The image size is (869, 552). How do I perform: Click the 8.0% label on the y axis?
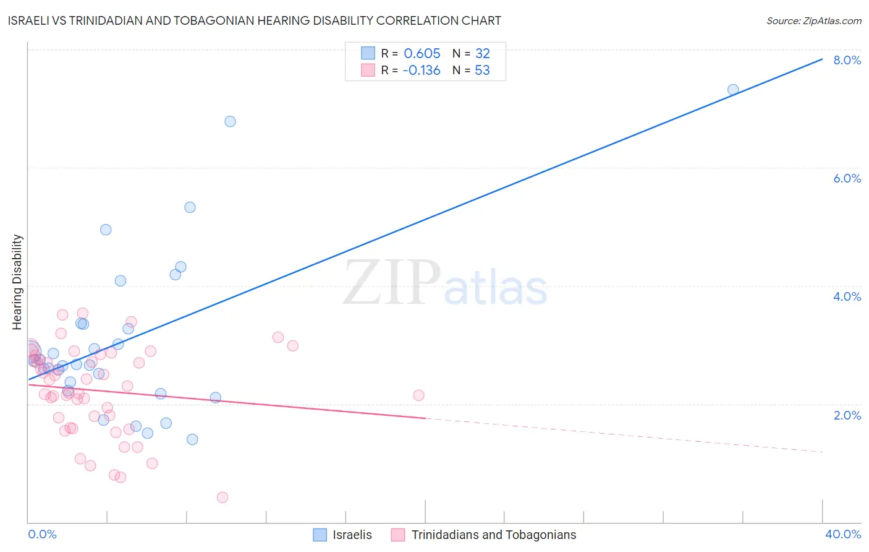click(847, 60)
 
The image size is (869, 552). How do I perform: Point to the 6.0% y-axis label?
click(847, 178)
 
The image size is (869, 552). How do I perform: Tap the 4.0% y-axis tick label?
click(847, 296)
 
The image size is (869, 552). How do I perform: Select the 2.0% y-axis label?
click(847, 415)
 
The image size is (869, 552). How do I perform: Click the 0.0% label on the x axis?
click(42, 534)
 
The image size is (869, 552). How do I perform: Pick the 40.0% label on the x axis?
click(842, 534)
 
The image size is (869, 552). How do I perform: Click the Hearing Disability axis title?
click(17, 282)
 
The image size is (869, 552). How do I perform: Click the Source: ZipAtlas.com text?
click(813, 20)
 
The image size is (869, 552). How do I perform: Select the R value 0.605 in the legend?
click(422, 53)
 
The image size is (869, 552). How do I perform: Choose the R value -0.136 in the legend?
click(421, 71)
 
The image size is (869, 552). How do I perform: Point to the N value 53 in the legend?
click(482, 71)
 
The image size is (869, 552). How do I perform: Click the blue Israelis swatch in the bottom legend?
click(320, 535)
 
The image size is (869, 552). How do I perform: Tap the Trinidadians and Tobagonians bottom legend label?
click(493, 535)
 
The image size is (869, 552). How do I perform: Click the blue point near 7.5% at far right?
click(733, 90)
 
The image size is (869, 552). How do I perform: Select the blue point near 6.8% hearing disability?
click(230, 121)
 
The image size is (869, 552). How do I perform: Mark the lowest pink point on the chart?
click(223, 498)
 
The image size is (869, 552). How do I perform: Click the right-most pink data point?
click(418, 395)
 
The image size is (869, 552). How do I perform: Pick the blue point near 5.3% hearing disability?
click(190, 207)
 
